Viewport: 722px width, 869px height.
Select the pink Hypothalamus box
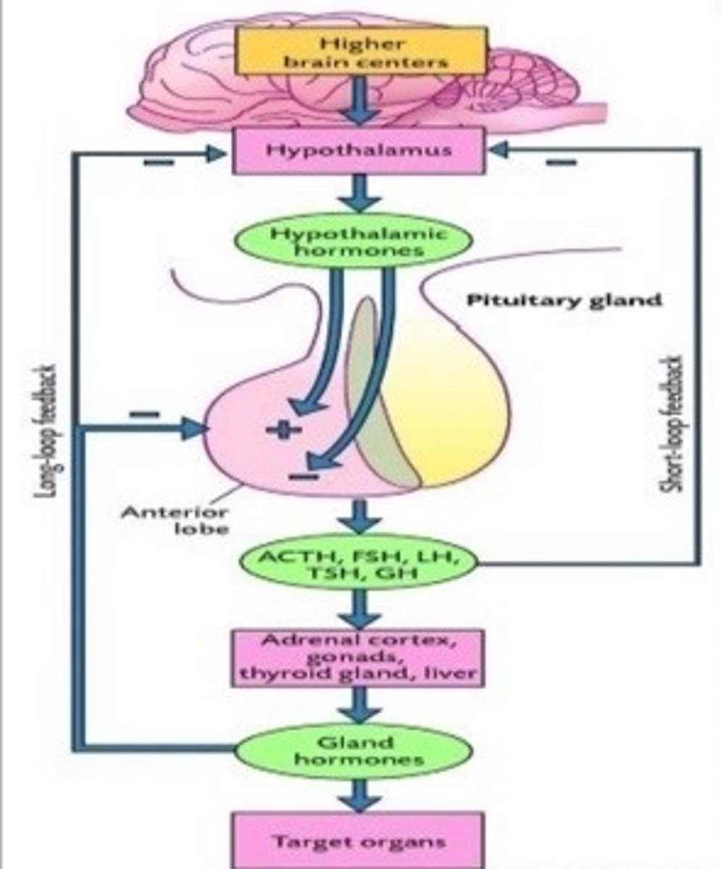tap(358, 150)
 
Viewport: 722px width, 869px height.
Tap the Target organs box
tap(358, 841)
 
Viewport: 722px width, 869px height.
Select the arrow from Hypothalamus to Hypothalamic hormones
tap(360, 194)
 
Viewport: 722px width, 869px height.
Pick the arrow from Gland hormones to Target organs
tap(360, 794)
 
